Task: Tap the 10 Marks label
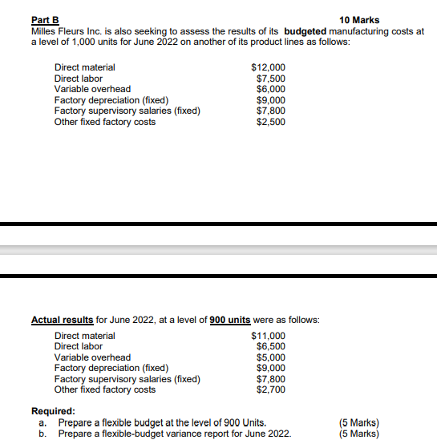point(360,20)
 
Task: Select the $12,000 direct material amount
point(269,68)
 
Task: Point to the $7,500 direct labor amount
point(271,79)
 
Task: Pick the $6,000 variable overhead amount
point(271,90)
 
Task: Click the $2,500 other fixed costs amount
point(271,123)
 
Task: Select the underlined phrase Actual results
point(62,320)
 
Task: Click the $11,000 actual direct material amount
point(269,336)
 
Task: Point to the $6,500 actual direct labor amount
point(271,347)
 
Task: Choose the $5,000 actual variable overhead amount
point(271,357)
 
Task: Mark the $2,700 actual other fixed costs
point(271,390)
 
